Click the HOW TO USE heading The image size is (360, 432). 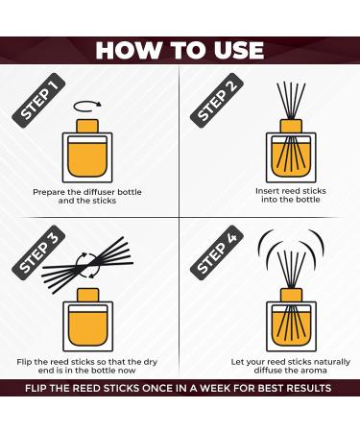[180, 50]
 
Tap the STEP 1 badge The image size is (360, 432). [38, 101]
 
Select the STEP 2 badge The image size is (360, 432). [217, 101]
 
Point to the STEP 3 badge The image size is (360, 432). [38, 252]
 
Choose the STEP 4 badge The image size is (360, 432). [217, 252]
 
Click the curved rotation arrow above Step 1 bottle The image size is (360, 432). [87, 111]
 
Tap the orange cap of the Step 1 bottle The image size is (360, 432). [87, 126]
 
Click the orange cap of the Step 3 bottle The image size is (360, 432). [87, 295]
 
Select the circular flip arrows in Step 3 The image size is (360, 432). [86, 266]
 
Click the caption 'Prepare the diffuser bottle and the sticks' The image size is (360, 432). [87, 197]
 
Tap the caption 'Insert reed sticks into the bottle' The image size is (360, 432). [291, 195]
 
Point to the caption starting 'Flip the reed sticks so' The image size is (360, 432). [87, 366]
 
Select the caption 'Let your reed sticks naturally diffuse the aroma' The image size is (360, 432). [291, 366]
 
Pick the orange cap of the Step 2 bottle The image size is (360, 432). [291, 126]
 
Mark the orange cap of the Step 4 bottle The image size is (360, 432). [291, 295]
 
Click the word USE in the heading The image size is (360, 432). [239, 50]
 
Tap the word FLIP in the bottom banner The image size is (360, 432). [36, 388]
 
